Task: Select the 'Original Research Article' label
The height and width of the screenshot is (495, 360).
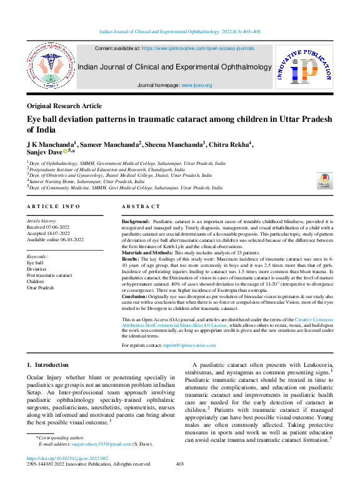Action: point(64,106)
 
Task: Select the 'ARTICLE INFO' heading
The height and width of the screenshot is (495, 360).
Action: point(53,206)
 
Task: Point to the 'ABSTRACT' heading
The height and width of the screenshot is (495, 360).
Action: point(141,206)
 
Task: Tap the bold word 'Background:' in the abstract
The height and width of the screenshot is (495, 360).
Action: point(135,222)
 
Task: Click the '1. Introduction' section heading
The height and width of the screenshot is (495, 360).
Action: point(47,364)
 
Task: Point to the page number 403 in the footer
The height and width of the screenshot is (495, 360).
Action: point(180,481)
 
